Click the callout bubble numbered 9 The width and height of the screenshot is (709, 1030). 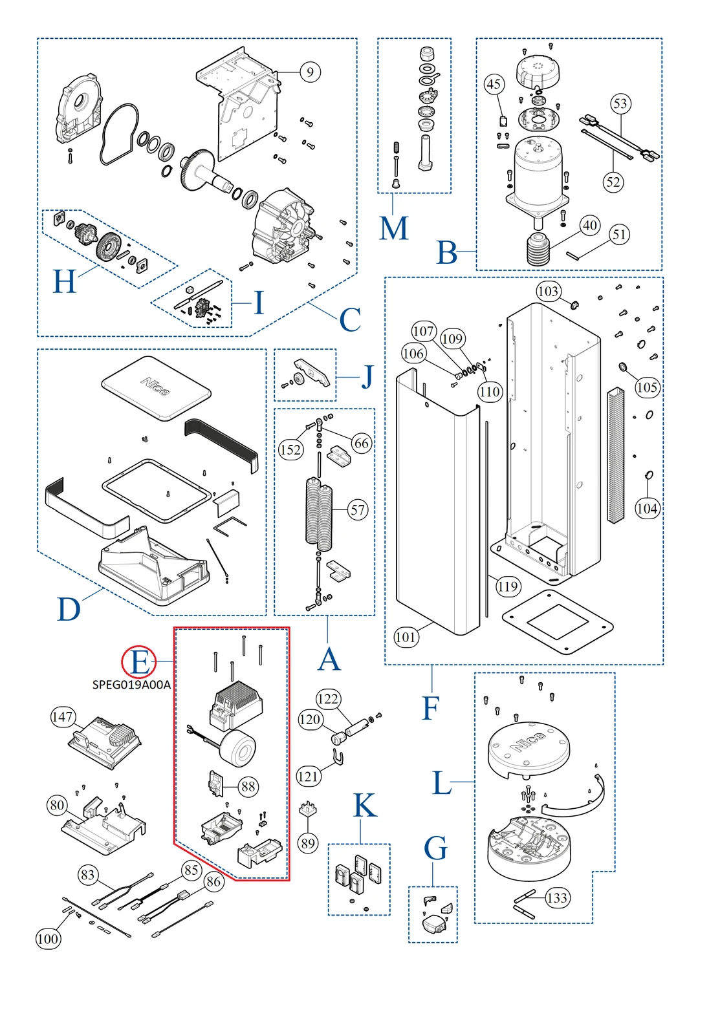(x=311, y=72)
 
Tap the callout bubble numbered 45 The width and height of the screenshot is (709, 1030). (x=494, y=84)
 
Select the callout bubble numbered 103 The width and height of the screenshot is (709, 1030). (x=548, y=291)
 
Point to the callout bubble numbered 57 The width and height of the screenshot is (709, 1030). (x=358, y=510)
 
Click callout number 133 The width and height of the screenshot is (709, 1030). (x=557, y=897)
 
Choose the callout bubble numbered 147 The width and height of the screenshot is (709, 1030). (x=63, y=716)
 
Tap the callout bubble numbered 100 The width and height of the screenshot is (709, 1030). (x=48, y=938)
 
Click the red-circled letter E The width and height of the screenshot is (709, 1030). (x=139, y=662)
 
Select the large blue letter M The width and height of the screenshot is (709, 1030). (x=394, y=228)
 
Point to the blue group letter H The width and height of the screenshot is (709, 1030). (x=65, y=282)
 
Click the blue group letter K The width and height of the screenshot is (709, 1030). (x=365, y=806)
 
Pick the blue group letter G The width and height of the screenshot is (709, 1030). (x=435, y=848)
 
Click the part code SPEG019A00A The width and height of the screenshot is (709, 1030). (x=131, y=685)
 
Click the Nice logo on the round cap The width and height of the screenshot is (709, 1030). (x=529, y=742)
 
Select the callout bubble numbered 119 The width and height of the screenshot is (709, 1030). (x=508, y=586)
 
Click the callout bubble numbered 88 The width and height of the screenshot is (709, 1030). (x=248, y=786)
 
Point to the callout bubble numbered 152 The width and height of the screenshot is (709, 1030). (x=290, y=449)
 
